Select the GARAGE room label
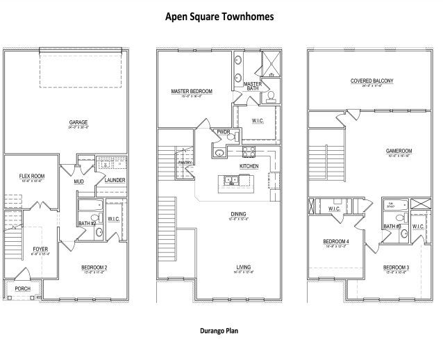pyautogui.click(x=77, y=122)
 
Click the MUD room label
pyautogui.click(x=78, y=182)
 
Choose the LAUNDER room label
pyautogui.click(x=115, y=181)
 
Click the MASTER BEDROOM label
pyautogui.click(x=191, y=91)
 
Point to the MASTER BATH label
pyautogui.click(x=253, y=86)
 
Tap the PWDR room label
pyautogui.click(x=224, y=131)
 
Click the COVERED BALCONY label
pyautogui.click(x=371, y=81)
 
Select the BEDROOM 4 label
pyautogui.click(x=335, y=243)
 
